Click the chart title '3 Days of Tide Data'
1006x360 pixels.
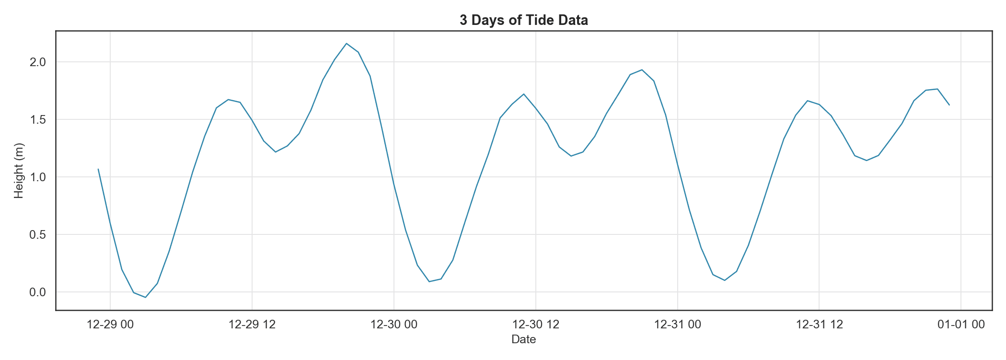[x=523, y=20]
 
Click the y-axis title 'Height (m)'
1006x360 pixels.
[x=19, y=171]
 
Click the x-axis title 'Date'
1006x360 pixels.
[x=523, y=339]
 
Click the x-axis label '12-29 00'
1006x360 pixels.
[x=110, y=325]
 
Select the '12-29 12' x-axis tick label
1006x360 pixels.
[x=252, y=325]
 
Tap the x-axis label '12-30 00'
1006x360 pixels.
[x=394, y=325]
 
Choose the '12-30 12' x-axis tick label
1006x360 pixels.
[x=536, y=325]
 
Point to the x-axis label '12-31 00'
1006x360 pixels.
[x=678, y=325]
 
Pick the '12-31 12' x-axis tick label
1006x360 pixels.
[x=819, y=325]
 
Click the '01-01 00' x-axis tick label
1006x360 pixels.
[x=961, y=325]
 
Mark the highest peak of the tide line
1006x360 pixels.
[x=347, y=44]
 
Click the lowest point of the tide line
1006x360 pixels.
[x=145, y=297]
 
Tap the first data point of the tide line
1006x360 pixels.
[x=98, y=169]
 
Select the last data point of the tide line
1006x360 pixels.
[x=949, y=105]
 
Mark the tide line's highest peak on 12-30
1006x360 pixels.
[x=642, y=70]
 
